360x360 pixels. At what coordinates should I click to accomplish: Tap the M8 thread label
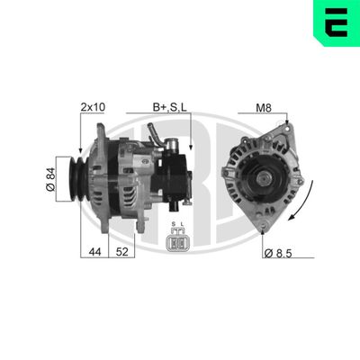point(264,109)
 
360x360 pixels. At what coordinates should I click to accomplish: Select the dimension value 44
point(94,253)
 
